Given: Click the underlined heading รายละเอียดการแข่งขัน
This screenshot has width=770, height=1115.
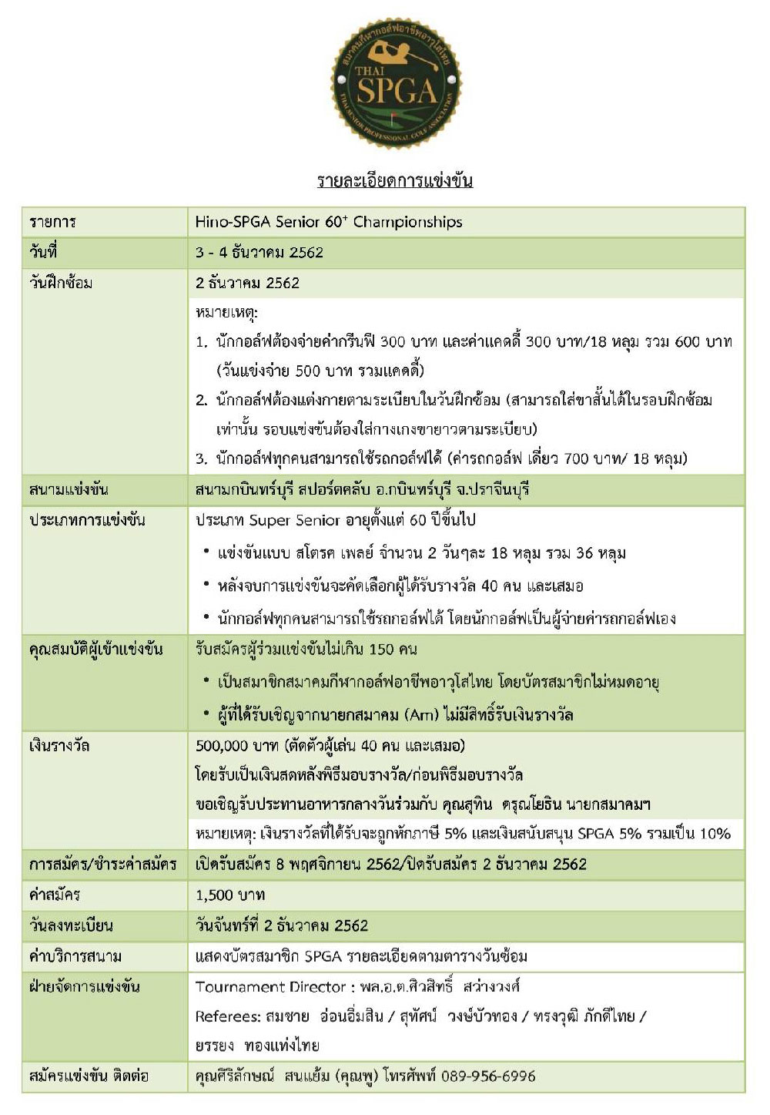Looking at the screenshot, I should tap(395, 182).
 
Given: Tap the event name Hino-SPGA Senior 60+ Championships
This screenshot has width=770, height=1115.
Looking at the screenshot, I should tap(329, 222).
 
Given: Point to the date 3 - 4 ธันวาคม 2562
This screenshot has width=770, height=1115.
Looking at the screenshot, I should tap(259, 253).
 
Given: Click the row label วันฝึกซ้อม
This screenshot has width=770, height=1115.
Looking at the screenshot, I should tap(61, 283).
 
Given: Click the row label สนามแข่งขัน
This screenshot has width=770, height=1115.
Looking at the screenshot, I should tap(69, 490).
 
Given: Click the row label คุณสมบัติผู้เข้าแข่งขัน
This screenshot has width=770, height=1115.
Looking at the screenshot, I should tap(96, 650).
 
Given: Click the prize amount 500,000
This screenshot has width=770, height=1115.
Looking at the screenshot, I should tap(222, 746).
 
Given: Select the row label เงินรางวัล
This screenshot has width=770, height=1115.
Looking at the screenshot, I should tap(59, 746).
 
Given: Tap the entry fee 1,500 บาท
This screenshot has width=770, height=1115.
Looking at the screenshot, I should tap(230, 895).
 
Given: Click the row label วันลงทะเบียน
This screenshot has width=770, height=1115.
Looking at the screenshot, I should tap(71, 926).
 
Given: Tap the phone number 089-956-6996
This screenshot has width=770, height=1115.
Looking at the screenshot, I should tap(488, 1076).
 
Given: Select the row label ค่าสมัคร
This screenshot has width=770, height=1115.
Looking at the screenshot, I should tap(55, 895).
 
